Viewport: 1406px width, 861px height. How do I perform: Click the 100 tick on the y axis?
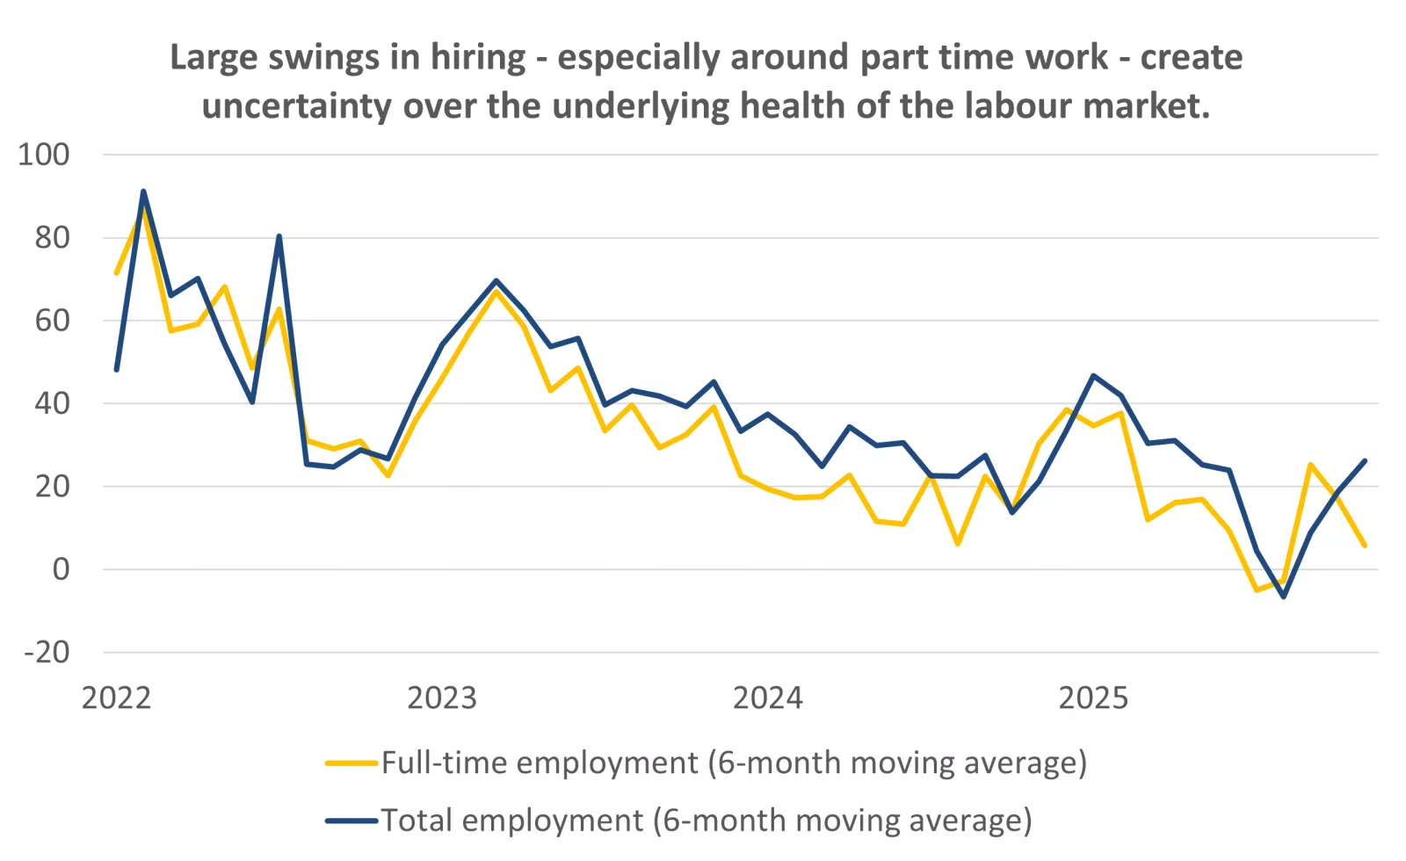click(44, 155)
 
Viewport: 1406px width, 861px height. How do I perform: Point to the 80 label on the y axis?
click(52, 237)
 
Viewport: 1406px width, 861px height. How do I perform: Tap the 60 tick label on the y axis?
click(52, 321)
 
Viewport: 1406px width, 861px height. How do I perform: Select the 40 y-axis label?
click(52, 403)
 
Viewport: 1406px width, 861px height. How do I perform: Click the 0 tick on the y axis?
click(61, 569)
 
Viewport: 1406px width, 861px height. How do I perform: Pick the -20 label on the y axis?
click(47, 652)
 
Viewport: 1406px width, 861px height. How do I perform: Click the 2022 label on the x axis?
click(116, 698)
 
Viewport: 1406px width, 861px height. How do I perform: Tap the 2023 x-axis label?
click(441, 698)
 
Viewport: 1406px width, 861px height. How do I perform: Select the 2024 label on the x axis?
click(767, 698)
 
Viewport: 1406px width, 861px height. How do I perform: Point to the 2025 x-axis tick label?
click(1092, 698)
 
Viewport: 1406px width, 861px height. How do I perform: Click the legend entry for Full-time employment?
click(734, 763)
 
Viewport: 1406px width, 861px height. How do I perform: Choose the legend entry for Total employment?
click(706, 821)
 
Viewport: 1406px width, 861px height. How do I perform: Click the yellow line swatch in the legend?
click(351, 763)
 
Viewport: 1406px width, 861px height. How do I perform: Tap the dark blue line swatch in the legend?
click(351, 821)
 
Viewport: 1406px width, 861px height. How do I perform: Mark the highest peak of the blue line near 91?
click(143, 192)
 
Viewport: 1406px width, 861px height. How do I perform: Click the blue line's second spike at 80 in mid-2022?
click(279, 236)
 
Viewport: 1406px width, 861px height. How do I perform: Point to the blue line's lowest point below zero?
click(1283, 597)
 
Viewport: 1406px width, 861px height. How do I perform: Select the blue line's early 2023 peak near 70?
click(496, 281)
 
